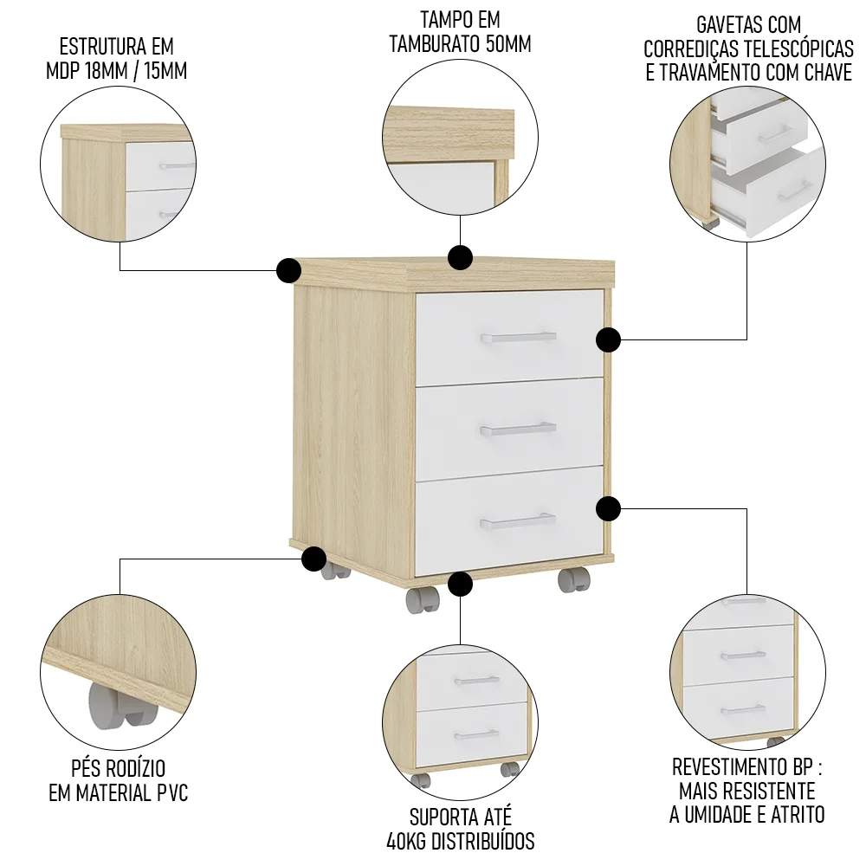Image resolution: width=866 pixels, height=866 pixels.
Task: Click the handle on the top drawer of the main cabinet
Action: pos(518,337)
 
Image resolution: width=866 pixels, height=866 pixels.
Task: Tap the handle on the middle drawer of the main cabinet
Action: pos(518,428)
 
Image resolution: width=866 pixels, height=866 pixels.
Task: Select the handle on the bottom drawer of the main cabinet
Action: pos(518,520)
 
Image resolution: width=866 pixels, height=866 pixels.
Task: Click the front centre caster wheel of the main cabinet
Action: pos(422,599)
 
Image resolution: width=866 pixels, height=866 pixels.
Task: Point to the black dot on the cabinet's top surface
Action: pos(460,257)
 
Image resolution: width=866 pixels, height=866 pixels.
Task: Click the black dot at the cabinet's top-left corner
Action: pos(288,270)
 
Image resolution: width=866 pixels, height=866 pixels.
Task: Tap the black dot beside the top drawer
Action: pos(609,339)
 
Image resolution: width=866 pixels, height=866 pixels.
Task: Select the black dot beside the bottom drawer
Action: pos(609,508)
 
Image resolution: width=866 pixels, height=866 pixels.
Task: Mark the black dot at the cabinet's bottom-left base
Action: pos(313,559)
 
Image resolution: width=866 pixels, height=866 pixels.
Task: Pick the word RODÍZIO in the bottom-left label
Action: pos(135,768)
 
